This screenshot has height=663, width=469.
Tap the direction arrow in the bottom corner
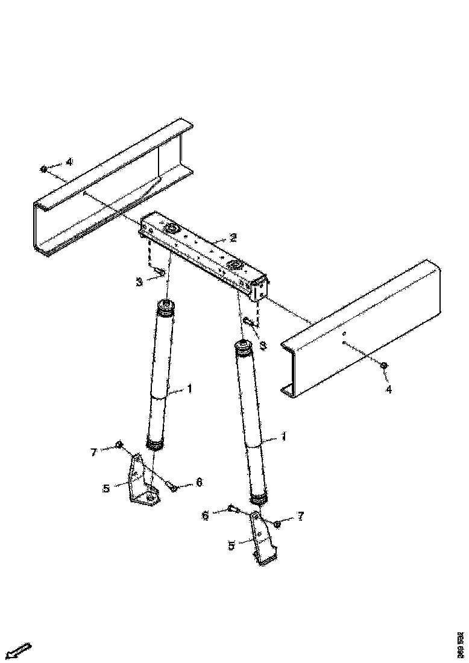point(17,651)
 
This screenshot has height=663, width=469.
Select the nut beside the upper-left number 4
point(44,168)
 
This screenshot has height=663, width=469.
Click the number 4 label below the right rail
point(389,389)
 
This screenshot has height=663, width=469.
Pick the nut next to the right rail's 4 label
point(384,365)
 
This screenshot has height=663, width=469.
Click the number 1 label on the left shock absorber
point(189,389)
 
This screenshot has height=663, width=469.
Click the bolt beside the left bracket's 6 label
point(172,486)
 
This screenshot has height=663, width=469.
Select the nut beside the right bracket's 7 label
point(277,524)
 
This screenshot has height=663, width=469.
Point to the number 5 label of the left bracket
point(106,488)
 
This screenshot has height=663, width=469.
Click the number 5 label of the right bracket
point(231,547)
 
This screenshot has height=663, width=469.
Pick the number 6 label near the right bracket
point(206,516)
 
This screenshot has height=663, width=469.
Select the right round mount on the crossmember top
point(234,266)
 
